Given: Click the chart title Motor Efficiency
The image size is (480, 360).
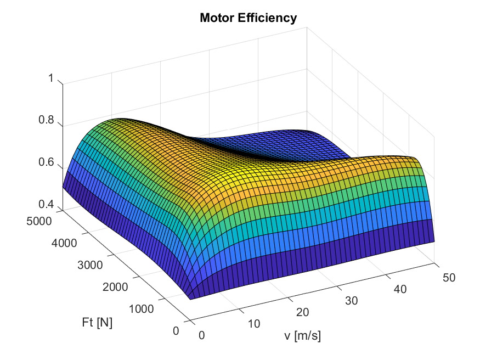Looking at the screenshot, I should [x=248, y=18].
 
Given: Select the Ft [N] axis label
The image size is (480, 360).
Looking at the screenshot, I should [x=97, y=323].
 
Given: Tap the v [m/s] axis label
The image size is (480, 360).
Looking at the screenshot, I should [x=302, y=336].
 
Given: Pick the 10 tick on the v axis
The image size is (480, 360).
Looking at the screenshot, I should [x=253, y=324].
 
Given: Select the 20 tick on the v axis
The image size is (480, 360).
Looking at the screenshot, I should [x=302, y=312].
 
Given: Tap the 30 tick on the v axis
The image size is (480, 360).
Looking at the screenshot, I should [x=351, y=301].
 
